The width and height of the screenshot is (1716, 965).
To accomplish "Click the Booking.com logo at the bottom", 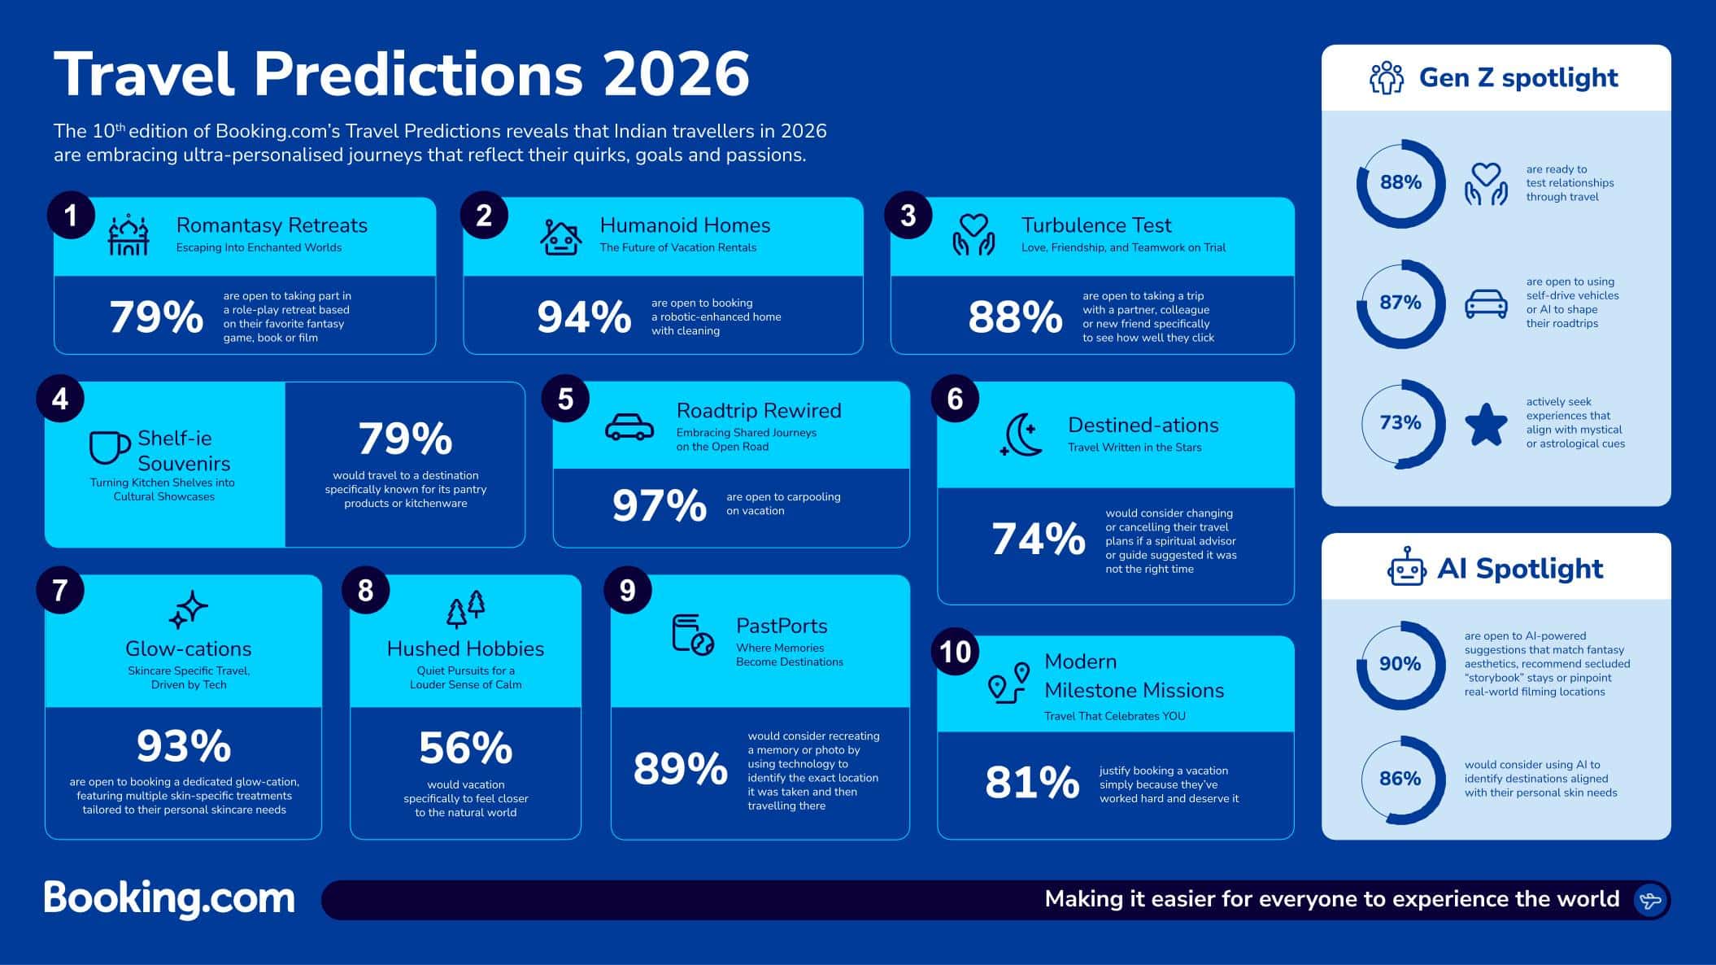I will [169, 898].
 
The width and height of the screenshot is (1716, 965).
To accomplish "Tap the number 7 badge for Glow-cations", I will [60, 590].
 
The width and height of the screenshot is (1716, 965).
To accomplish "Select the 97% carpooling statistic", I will [659, 505].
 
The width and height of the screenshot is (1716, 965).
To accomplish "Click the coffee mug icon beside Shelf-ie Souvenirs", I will [109, 447].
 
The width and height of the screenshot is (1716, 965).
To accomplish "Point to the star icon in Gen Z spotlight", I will [1486, 424].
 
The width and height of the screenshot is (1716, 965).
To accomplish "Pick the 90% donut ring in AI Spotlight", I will [1400, 665].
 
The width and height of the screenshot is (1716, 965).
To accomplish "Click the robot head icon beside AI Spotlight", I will [1406, 567].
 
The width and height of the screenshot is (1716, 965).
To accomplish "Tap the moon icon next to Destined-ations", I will [1021, 434].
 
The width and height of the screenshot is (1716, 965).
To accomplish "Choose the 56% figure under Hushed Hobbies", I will [465, 749].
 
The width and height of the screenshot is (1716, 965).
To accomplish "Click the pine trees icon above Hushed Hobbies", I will [466, 609].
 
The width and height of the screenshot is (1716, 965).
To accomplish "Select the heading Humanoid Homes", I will [685, 225].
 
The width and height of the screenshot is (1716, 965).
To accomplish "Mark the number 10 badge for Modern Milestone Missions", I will [956, 652].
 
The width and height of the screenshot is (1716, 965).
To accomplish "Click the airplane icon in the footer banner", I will [1650, 900].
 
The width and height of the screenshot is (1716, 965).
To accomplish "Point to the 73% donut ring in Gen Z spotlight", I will [1400, 423].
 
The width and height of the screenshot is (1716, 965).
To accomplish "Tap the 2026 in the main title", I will [677, 75].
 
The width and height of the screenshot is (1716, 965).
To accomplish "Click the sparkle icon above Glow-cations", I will [189, 609].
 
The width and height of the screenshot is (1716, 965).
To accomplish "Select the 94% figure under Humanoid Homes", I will [584, 317].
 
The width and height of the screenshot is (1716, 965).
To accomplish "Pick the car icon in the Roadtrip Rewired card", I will [629, 427].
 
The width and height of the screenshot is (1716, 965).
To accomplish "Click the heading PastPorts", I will [782, 626].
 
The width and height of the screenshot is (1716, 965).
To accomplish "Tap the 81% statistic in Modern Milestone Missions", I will [1032, 783].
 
